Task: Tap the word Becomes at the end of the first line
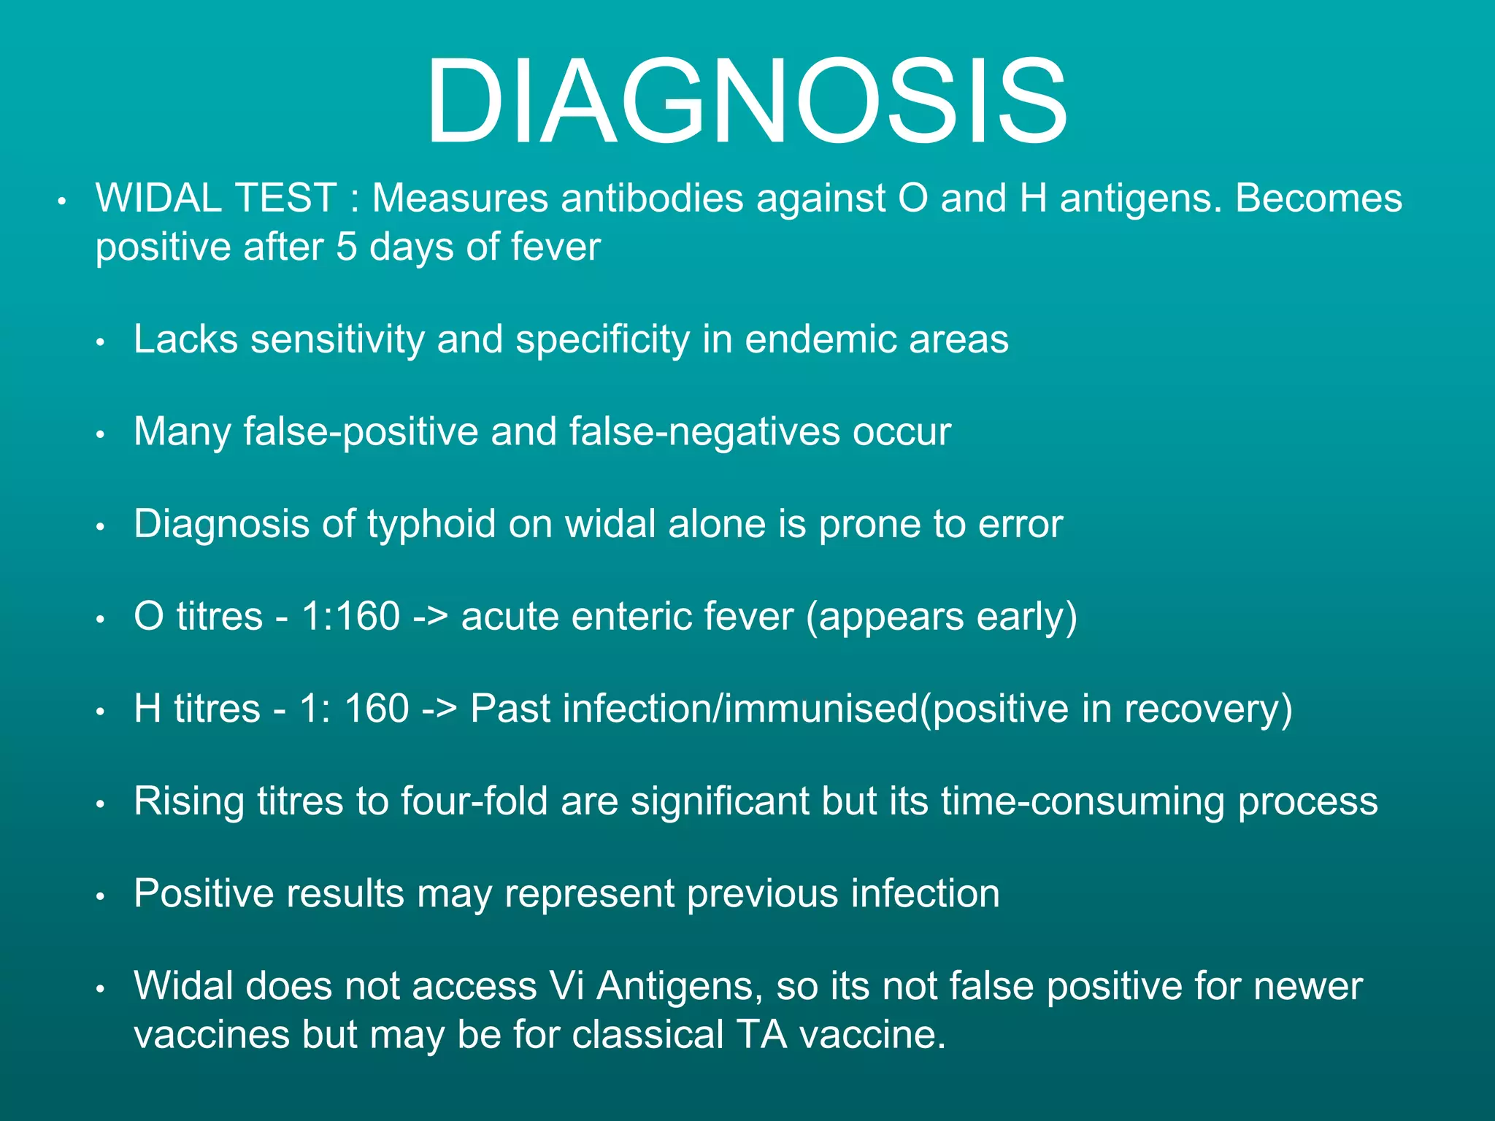click(x=1318, y=199)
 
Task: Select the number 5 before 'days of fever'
click(x=346, y=247)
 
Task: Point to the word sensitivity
click(x=337, y=339)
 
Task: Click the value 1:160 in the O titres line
click(x=351, y=616)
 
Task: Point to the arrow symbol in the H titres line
click(x=439, y=709)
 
